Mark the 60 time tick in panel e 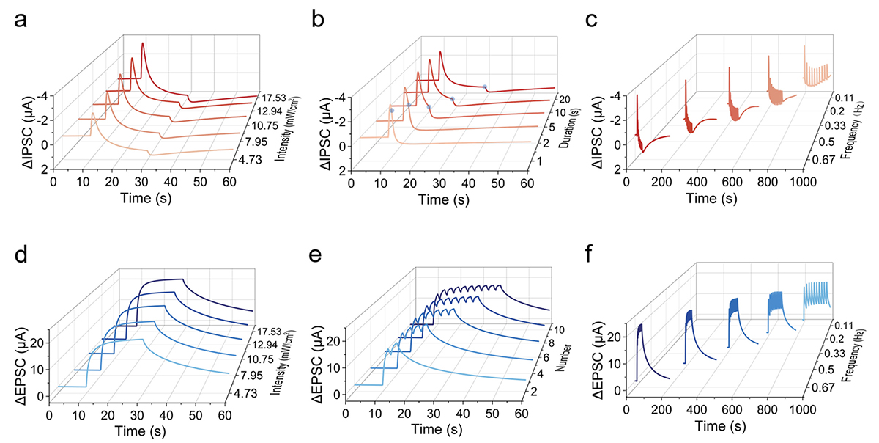coord(519,415)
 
